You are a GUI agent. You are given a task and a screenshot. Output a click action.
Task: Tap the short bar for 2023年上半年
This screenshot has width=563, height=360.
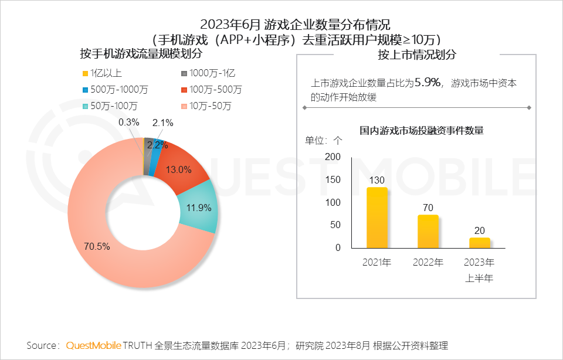479,243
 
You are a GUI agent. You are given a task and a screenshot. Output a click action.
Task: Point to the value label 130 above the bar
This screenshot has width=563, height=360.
377,180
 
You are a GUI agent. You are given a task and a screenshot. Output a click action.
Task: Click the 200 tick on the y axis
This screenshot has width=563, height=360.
333,157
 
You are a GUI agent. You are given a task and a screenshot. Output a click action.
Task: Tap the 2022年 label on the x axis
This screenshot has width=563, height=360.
428,262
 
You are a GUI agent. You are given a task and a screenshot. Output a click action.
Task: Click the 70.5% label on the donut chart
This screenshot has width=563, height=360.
97,246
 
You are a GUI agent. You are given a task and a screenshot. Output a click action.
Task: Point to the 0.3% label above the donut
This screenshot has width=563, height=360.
128,123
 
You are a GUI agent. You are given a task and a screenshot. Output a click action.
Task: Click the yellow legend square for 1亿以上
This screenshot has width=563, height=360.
86,73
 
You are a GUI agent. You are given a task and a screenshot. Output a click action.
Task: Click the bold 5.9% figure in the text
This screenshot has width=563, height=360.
427,83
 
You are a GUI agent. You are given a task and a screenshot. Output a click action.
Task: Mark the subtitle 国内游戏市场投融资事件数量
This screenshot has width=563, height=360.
421,130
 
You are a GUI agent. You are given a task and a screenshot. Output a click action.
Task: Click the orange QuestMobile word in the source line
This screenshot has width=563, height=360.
94,345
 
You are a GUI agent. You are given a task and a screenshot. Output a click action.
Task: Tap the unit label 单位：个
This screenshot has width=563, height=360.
323,141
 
